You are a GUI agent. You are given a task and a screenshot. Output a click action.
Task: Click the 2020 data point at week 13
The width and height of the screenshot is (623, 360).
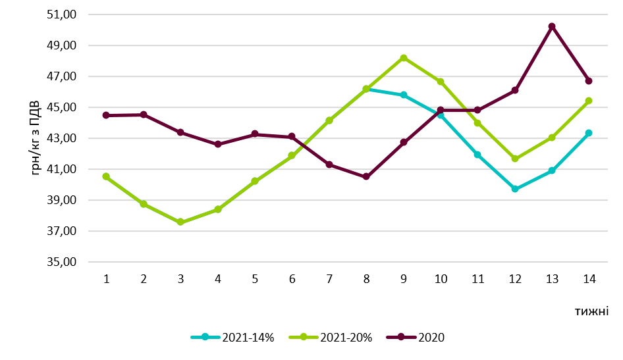coord(552,26)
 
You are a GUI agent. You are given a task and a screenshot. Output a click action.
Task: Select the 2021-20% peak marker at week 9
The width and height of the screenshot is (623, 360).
coord(404,58)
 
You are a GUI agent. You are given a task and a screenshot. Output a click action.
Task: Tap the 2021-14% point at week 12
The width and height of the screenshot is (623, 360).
coord(515,189)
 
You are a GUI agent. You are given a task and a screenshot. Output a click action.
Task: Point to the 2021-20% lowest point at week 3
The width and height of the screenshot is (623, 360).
coord(180,222)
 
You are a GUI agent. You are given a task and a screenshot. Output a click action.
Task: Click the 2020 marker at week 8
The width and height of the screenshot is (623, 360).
coord(366,176)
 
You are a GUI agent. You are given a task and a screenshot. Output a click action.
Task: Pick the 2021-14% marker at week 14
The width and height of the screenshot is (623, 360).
coord(589,133)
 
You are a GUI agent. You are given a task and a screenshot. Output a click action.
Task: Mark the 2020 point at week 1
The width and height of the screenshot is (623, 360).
coord(106,115)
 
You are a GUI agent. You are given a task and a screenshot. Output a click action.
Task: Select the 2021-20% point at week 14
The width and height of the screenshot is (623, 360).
coord(589,101)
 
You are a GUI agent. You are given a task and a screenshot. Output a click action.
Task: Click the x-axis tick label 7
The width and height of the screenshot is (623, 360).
coord(329,278)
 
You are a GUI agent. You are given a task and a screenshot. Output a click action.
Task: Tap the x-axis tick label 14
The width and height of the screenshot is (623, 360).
coord(589,278)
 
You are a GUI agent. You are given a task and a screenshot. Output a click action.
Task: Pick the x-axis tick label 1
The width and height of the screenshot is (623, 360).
coord(106,278)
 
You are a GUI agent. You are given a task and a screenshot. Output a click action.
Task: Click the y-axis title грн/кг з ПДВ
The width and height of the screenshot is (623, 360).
coord(35,138)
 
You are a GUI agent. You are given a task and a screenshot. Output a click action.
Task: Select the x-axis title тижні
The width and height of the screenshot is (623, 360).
coord(591,312)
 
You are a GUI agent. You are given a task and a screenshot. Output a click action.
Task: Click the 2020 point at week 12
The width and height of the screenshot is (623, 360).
coord(515,90)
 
